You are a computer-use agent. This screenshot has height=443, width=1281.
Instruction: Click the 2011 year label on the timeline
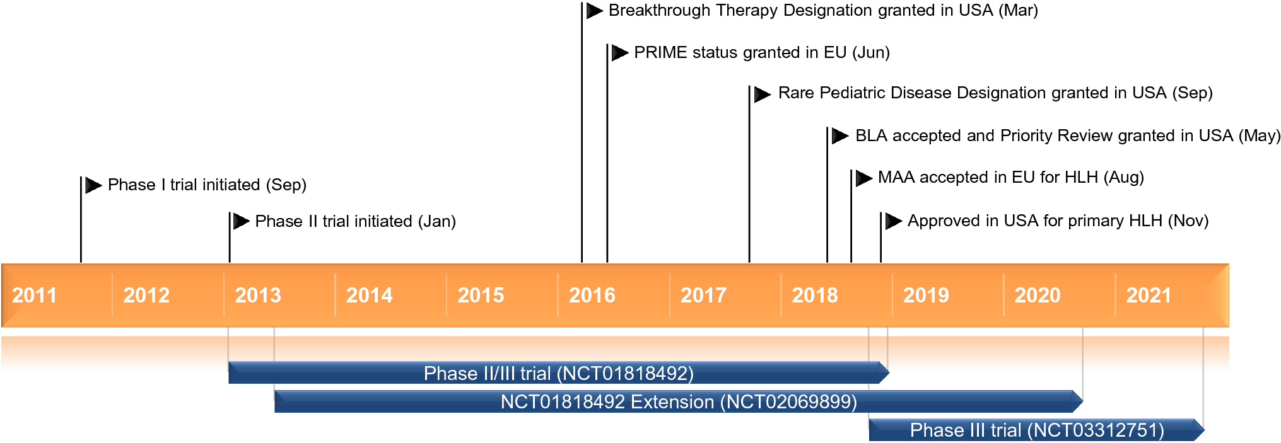pos(35,295)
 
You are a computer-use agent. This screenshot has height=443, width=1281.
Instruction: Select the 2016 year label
pos(592,295)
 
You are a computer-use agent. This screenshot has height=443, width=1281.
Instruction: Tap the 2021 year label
pos(1149,295)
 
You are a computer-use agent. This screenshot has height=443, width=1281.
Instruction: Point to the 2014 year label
pos(370,295)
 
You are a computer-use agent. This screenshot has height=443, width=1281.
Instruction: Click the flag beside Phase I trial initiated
pos(93,185)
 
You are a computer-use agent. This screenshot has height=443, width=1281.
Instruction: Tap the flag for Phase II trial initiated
pos(242,221)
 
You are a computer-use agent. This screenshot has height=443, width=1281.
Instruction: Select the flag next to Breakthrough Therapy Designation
pos(595,11)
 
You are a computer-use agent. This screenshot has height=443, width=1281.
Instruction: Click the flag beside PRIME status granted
pos(620,52)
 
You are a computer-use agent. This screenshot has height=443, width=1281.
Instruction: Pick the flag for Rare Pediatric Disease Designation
pos(763,94)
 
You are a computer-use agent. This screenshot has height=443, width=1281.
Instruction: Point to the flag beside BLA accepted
pos(840,135)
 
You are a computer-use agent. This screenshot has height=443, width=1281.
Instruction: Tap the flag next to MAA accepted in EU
pos(864,178)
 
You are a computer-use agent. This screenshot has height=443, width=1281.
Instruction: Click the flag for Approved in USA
pos(894,221)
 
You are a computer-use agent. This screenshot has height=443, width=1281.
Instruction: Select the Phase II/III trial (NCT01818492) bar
pos(559,372)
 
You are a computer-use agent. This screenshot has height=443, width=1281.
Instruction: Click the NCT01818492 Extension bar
pos(679,401)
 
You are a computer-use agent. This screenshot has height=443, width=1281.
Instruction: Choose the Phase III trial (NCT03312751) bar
pos(1037,430)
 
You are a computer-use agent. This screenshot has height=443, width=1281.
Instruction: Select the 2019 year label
pos(926,295)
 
